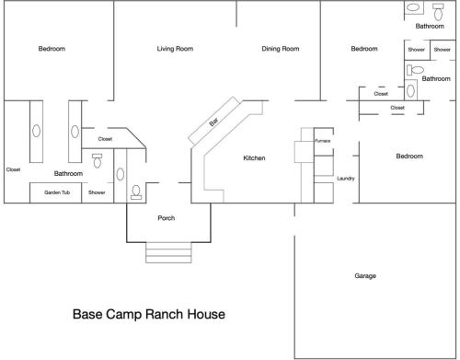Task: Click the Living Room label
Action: coord(175,49)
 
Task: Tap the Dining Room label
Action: coord(281,49)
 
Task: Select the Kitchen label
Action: coord(254,158)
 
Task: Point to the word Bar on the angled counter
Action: coord(213,122)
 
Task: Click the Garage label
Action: coord(365,275)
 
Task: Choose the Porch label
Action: coord(167,218)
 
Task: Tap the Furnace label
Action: coord(323,141)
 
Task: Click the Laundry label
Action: coord(346,179)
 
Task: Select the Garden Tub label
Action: coord(57,192)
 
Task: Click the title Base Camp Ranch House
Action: coord(149,314)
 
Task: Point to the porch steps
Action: coord(168,252)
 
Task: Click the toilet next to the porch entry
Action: coord(136,192)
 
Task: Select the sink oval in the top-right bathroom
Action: coord(413,7)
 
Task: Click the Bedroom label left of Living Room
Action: coord(52,49)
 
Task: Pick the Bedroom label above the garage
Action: coord(409,157)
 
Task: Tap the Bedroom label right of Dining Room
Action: coord(364,49)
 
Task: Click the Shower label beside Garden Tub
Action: coord(97,192)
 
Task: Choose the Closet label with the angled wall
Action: coord(105,139)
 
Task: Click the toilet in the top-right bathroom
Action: coord(438,12)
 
